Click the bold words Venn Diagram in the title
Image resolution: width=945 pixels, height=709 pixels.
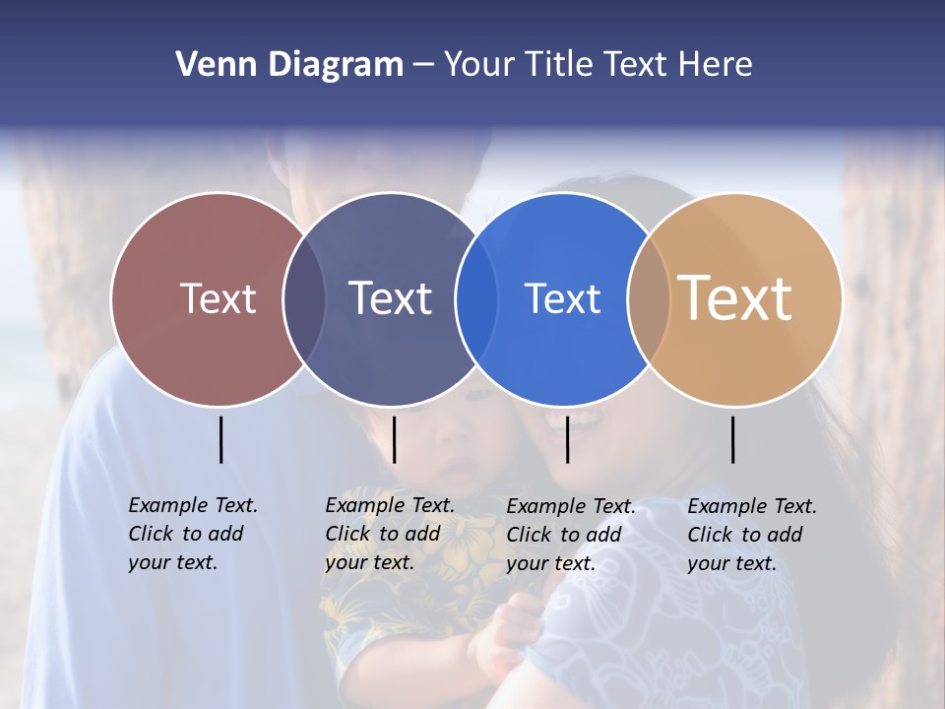[x=289, y=65]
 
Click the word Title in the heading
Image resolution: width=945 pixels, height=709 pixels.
[x=558, y=65]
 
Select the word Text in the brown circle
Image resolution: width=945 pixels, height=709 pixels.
[x=218, y=298]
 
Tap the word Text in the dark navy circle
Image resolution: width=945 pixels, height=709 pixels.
[x=391, y=298]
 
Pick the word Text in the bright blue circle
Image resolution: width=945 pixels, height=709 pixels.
[x=562, y=298]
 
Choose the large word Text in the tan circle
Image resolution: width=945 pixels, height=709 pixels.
[x=735, y=297]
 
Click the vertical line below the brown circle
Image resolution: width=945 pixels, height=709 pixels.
[x=220, y=439]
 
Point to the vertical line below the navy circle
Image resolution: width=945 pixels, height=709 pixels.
[x=394, y=439]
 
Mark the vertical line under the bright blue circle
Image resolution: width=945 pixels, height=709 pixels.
[x=567, y=439]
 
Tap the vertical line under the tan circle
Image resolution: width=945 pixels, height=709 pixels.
[x=732, y=439]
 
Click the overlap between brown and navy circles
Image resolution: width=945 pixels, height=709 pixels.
[x=304, y=298]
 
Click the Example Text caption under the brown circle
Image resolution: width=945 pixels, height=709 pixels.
[x=192, y=534]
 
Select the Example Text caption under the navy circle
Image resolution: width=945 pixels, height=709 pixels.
[x=389, y=534]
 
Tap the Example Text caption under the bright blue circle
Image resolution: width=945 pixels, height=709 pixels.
[x=570, y=535]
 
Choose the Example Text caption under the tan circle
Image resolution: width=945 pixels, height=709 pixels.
[x=751, y=535]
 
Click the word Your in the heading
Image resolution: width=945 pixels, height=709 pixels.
[x=479, y=65]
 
